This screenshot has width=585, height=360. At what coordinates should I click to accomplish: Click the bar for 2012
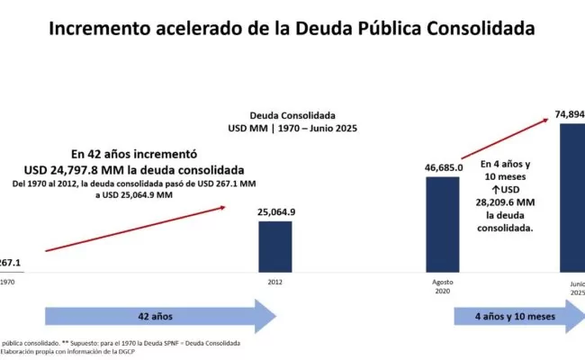pos(274,246)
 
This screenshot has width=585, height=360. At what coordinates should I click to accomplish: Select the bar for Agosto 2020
pos(444,223)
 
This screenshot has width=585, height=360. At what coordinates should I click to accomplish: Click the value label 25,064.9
pos(275,211)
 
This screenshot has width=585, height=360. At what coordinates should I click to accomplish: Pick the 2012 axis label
pos(275,282)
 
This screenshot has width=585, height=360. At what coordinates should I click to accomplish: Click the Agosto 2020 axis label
pos(444,285)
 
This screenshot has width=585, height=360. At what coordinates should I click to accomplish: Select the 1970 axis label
pos(8,282)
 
